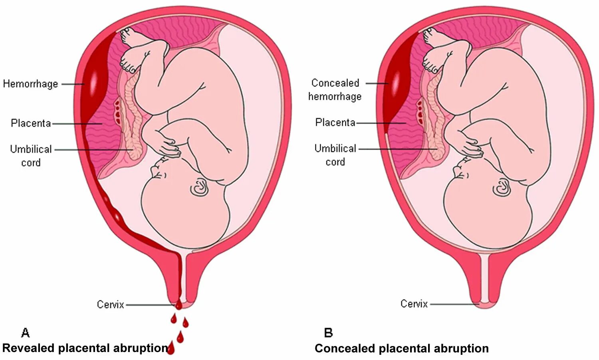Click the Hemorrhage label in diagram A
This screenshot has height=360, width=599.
click(x=30, y=84)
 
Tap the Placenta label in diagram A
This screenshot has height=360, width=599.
click(x=31, y=123)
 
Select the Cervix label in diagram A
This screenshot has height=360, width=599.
click(x=110, y=305)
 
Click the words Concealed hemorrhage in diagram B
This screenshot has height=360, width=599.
click(x=335, y=89)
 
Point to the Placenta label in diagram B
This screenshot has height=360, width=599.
click(x=335, y=122)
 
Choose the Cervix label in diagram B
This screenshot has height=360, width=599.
click(x=414, y=304)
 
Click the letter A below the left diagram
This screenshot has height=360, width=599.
click(x=25, y=332)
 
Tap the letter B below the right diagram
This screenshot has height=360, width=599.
click(x=328, y=332)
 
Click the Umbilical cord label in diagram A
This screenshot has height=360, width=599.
click(x=31, y=156)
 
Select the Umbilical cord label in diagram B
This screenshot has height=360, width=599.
click(x=335, y=155)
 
